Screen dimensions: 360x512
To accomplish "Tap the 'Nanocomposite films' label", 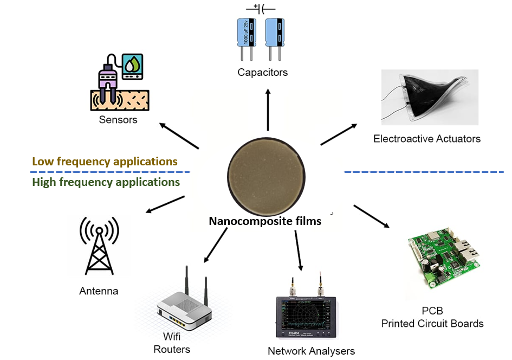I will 265,221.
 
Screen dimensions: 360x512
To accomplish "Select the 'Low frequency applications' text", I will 105,162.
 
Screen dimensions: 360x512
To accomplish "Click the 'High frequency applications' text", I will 106,182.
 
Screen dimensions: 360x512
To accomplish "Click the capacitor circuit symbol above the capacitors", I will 261,9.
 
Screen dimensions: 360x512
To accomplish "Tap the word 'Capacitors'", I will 262,72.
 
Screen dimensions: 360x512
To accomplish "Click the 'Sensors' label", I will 118,119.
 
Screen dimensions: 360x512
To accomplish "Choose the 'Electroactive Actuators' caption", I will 427,139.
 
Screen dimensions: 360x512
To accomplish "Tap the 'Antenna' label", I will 99,291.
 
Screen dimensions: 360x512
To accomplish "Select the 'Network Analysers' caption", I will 311,351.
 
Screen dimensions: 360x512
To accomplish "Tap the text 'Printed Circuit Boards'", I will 432,324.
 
